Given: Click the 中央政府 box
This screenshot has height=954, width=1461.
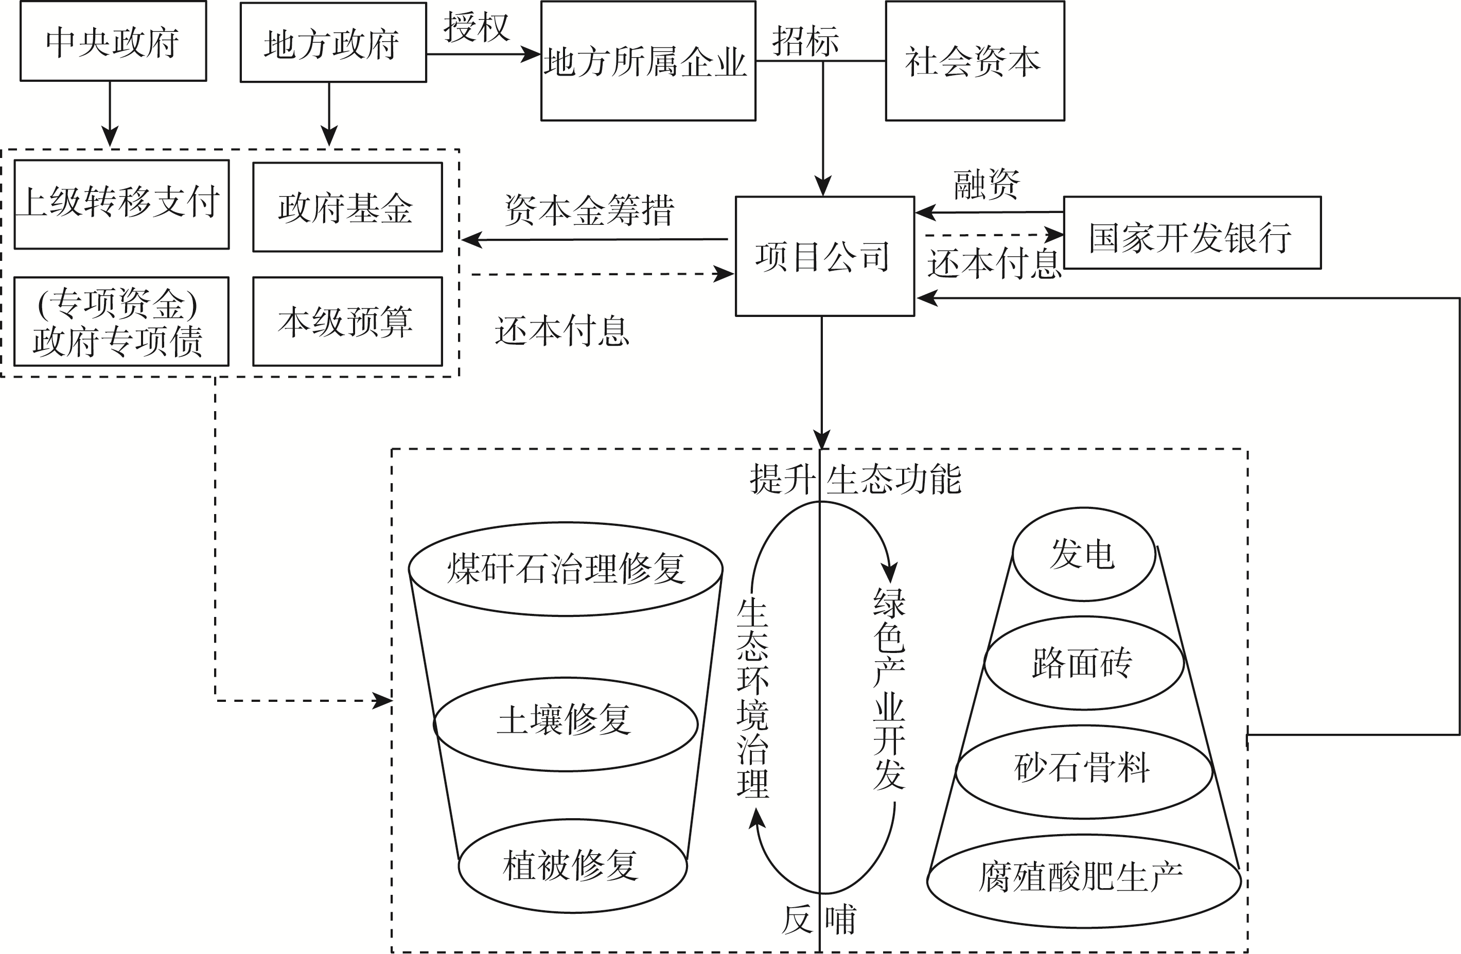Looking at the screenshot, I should tap(113, 42).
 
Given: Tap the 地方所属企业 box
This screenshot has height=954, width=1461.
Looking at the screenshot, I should tap(647, 61).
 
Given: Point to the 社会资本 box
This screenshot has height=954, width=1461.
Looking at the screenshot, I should tap(974, 61).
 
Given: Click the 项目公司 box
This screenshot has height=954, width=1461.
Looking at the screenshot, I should tap(824, 256).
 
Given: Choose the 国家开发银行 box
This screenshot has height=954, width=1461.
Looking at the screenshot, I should tap(1191, 233).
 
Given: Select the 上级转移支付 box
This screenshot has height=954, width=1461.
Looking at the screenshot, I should tap(121, 204).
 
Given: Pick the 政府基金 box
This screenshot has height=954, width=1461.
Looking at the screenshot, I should tap(347, 207).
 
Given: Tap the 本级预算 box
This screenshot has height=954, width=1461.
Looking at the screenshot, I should tap(347, 321).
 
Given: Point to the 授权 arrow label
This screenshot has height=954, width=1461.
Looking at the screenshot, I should tap(477, 28).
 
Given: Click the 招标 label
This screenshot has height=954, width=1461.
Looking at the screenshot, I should tap(805, 41).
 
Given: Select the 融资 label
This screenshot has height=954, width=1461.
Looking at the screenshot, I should tap(987, 184).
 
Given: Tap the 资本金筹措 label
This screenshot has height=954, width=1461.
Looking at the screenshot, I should tap(589, 210).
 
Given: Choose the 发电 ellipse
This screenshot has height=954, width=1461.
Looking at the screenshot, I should tap(1083, 554).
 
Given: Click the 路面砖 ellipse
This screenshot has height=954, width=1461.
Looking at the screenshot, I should tap(1083, 663).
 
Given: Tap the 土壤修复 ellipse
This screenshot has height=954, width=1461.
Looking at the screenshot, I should tap(566, 723).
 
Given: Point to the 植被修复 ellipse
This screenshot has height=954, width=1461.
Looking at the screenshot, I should tap(572, 865).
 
